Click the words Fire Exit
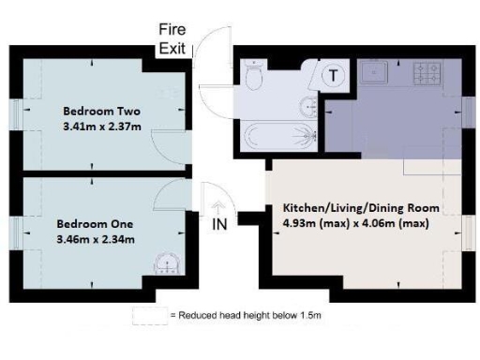coord(172,39)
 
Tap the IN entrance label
coord(219,225)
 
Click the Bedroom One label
coord(95,224)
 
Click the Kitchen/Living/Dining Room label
coord(361,207)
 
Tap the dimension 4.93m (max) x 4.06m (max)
coord(361,222)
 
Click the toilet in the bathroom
coord(254,71)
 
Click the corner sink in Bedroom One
coord(168,262)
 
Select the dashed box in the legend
coord(150,316)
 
